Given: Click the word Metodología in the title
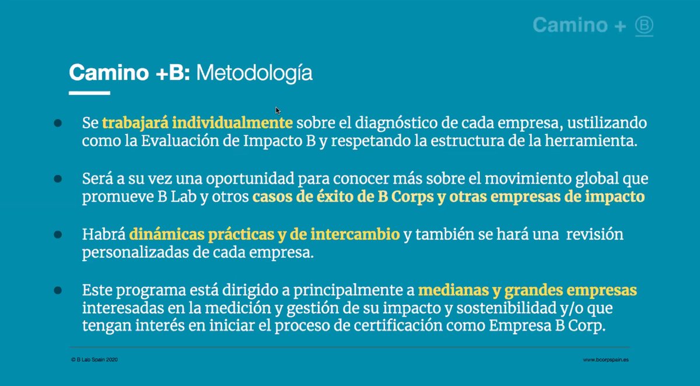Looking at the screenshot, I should click(x=254, y=73).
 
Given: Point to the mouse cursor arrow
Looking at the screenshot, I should click(x=278, y=110).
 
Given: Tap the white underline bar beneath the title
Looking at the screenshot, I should click(x=89, y=93).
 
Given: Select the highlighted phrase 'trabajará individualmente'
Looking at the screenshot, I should click(x=197, y=124).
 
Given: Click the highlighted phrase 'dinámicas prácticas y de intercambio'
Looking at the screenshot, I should click(x=264, y=234).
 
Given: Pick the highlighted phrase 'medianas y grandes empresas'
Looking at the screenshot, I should click(x=528, y=290).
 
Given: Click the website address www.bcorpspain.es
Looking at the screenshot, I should click(x=605, y=360).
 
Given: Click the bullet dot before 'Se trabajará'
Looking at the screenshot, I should click(x=58, y=123).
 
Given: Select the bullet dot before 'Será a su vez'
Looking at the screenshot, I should click(x=58, y=178).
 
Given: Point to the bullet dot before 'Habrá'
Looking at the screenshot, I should click(x=58, y=234).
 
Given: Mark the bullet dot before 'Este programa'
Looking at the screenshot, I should click(x=58, y=290).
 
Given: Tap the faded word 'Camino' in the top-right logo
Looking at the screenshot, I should click(x=570, y=25).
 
